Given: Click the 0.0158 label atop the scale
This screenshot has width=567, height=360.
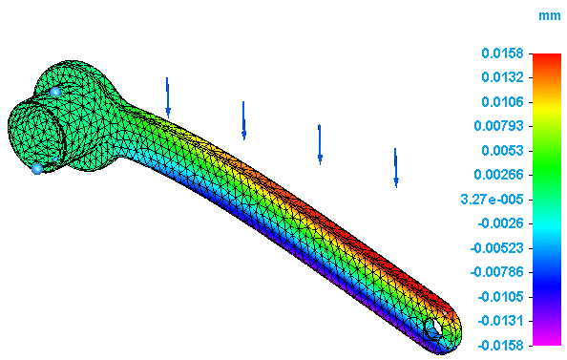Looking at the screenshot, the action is click(x=502, y=53).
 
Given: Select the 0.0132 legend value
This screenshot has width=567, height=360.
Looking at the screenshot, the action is click(x=502, y=77).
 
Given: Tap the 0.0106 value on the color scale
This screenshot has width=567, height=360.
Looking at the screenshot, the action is click(x=502, y=102).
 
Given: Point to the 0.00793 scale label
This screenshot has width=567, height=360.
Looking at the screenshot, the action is click(x=498, y=126).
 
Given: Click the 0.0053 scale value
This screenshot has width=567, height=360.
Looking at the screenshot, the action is click(x=502, y=151).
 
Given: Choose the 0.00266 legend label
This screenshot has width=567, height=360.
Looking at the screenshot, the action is click(x=498, y=175).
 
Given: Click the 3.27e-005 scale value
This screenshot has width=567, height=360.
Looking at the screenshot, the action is click(x=492, y=200).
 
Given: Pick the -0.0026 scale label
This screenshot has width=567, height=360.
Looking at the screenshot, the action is click(x=500, y=223).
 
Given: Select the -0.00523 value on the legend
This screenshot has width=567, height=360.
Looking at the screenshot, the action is click(x=497, y=248).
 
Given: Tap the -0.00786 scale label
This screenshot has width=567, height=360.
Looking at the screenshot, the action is click(x=497, y=272).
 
